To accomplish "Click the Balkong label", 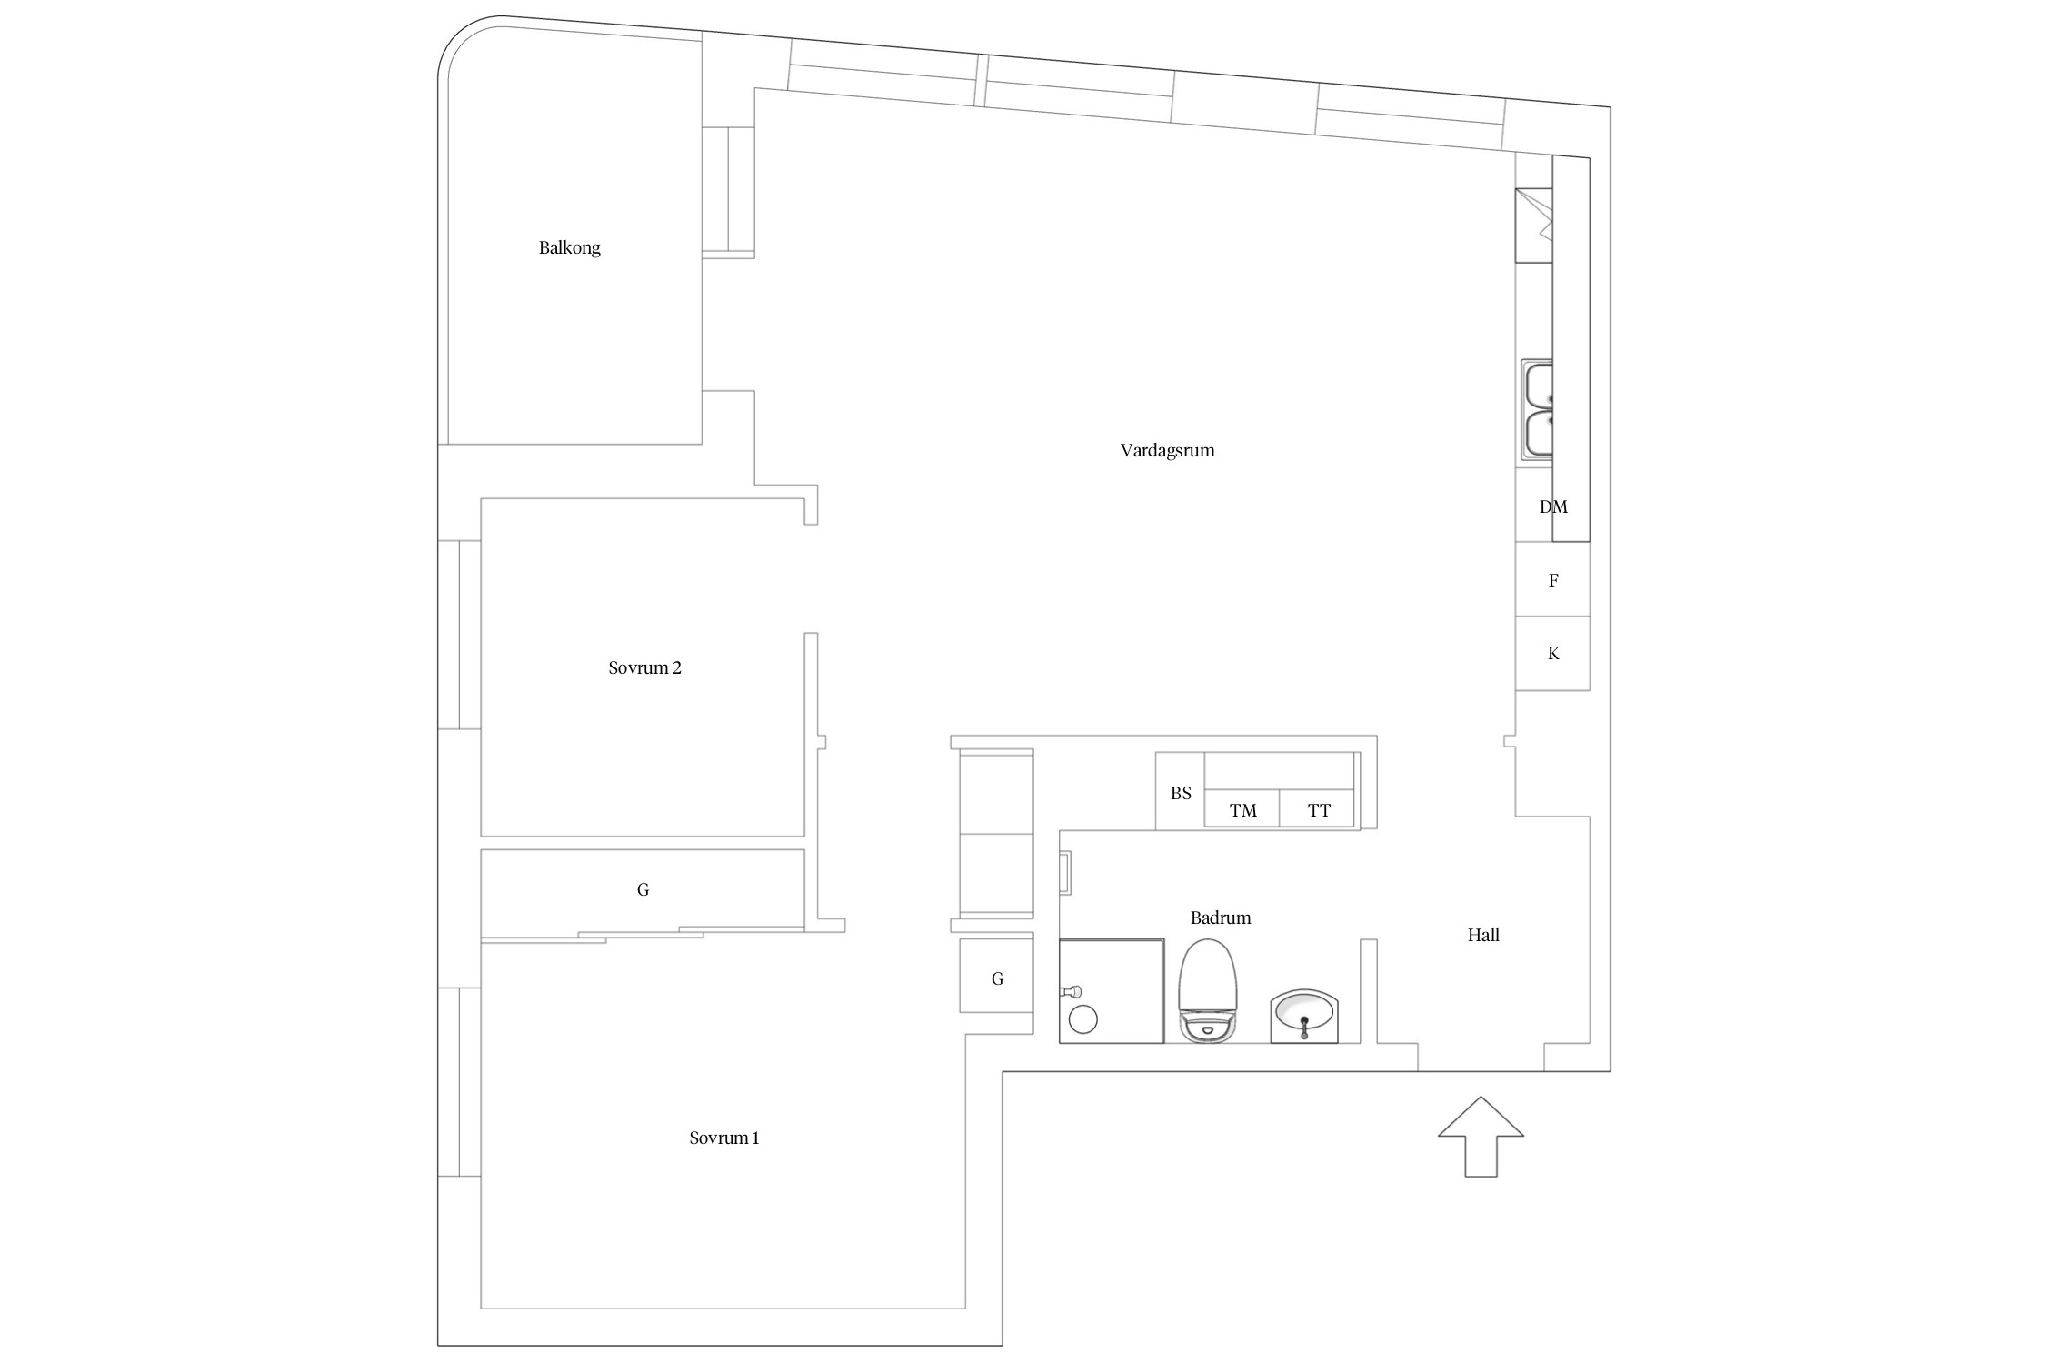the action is [x=569, y=247].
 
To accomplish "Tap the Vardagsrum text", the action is [x=1167, y=450].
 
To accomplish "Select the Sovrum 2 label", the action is [x=644, y=667].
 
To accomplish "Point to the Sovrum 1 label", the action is [x=723, y=1138].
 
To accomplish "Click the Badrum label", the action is [x=1221, y=918].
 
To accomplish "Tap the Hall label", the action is [x=1483, y=935].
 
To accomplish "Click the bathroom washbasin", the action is [x=1304, y=1017].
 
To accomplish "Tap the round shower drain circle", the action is [x=1083, y=1019].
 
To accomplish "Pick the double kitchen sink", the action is [x=1537, y=410].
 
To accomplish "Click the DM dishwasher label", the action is [x=1553, y=506].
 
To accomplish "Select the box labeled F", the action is [x=1552, y=579].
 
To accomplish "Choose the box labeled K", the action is [x=1552, y=653].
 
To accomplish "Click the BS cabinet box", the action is [x=1180, y=791].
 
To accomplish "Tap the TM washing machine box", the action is [x=1242, y=808].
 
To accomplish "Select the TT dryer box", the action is [x=1317, y=808].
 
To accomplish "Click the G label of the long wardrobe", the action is [x=643, y=889].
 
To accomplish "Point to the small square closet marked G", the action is [x=996, y=976].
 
